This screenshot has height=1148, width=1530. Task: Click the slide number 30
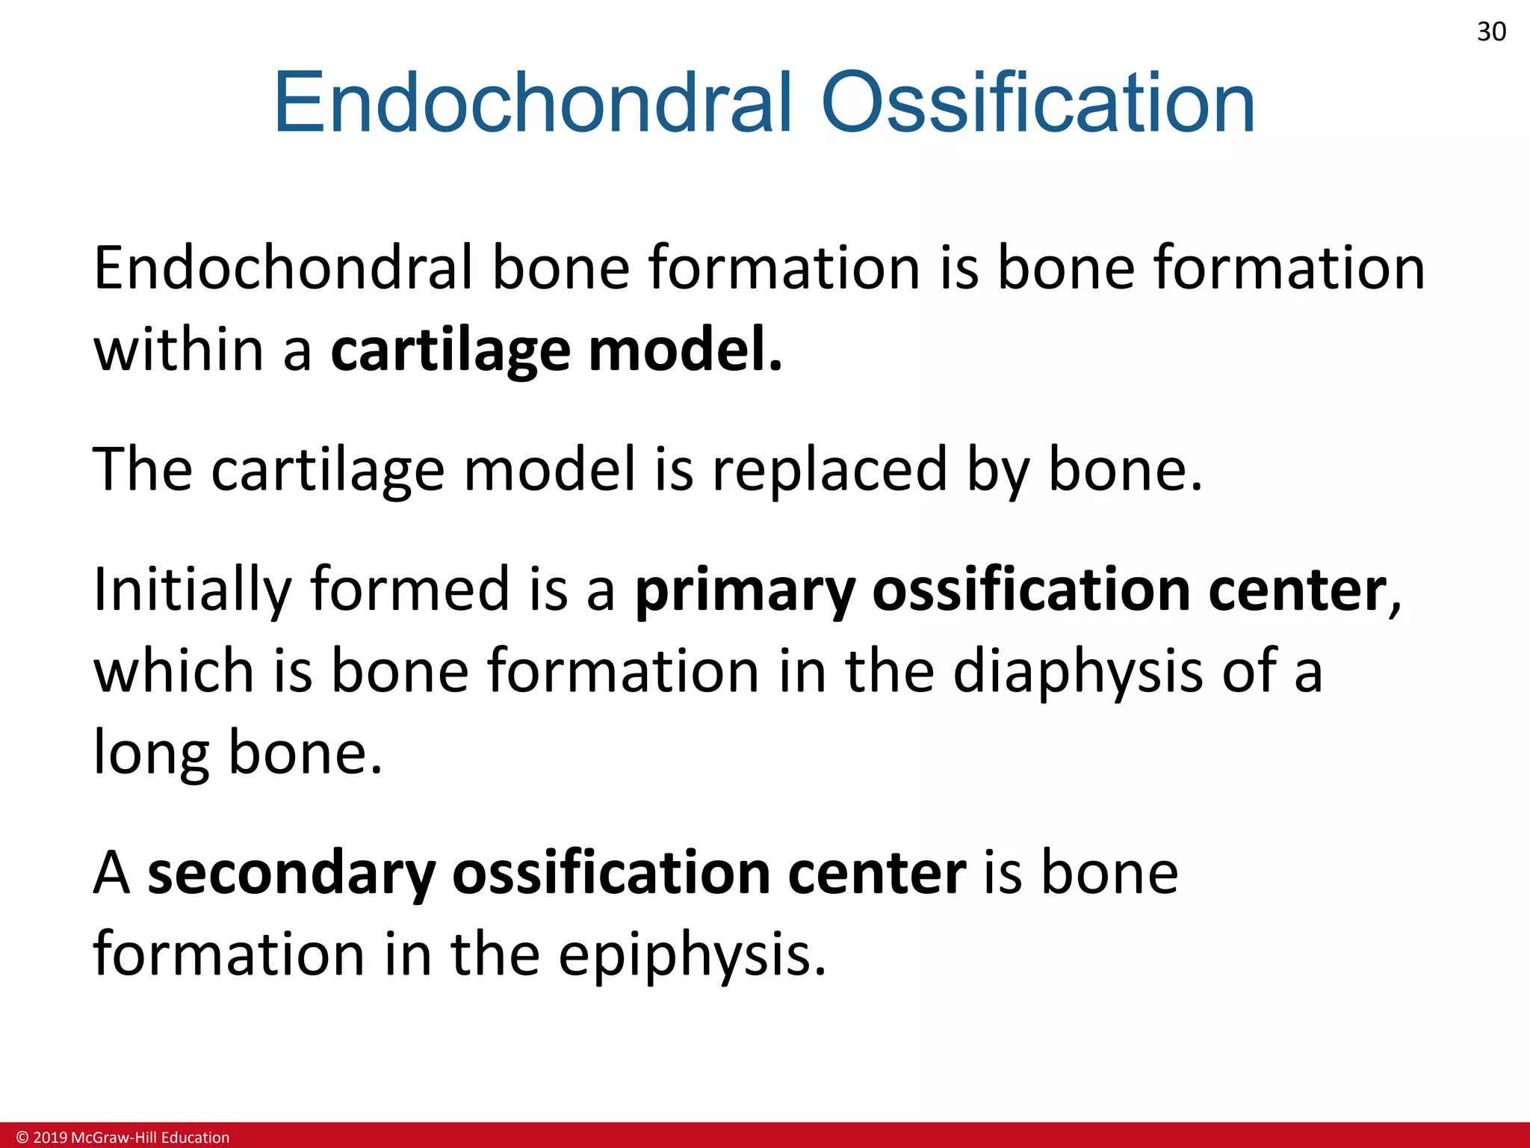(x=1491, y=32)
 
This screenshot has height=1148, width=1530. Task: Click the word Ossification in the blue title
(x=1038, y=103)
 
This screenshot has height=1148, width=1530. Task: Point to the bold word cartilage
(x=450, y=351)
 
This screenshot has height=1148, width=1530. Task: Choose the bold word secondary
(x=291, y=874)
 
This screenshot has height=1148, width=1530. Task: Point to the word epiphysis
(x=692, y=956)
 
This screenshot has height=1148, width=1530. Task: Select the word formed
(x=410, y=589)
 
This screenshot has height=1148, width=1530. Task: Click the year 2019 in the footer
(x=50, y=1138)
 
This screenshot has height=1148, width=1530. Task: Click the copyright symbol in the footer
(x=22, y=1138)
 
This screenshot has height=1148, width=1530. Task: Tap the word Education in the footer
(x=195, y=1138)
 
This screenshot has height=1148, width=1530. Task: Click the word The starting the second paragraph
(x=142, y=469)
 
